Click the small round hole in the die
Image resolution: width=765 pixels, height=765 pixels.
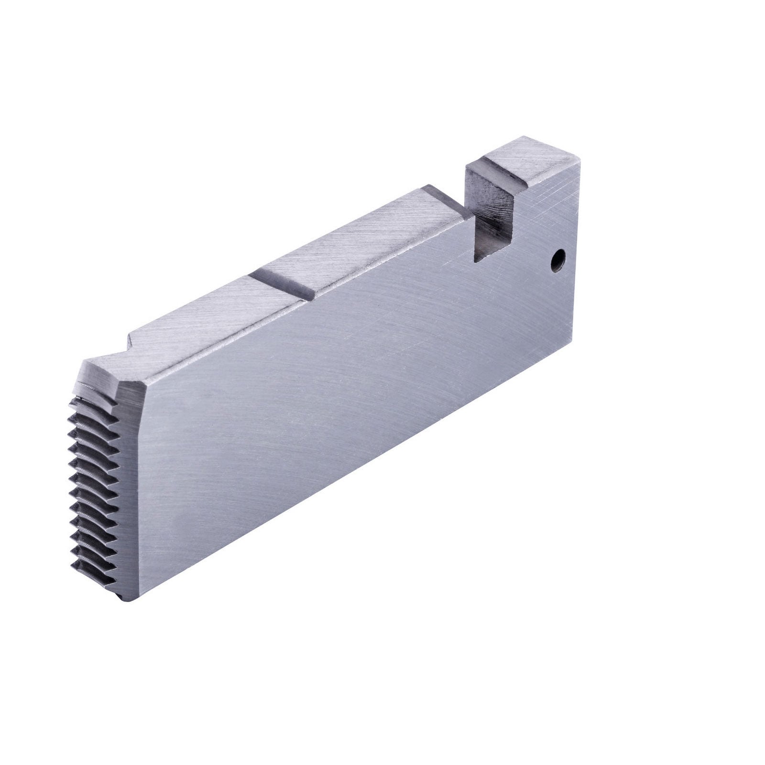coord(556,262)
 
